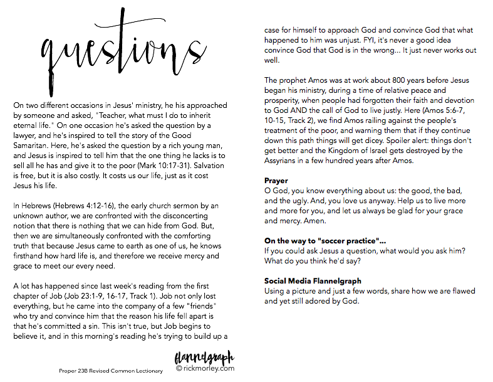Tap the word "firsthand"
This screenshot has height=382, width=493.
32,256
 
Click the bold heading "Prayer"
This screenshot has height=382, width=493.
276,181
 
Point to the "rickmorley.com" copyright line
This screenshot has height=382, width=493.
205,369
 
